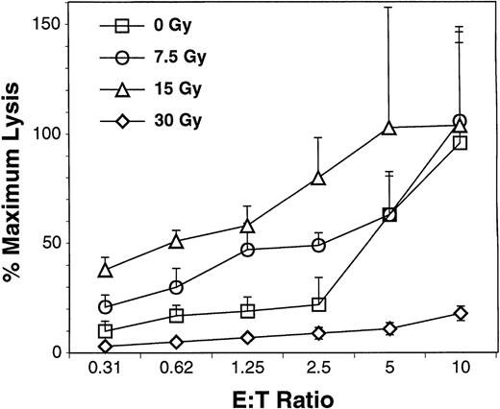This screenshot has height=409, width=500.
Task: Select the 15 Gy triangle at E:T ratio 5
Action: point(389,128)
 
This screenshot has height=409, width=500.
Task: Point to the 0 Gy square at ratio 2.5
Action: point(319,304)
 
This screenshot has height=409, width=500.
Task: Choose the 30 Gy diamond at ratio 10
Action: point(461,313)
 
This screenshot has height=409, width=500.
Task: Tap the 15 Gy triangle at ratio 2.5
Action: point(319,178)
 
